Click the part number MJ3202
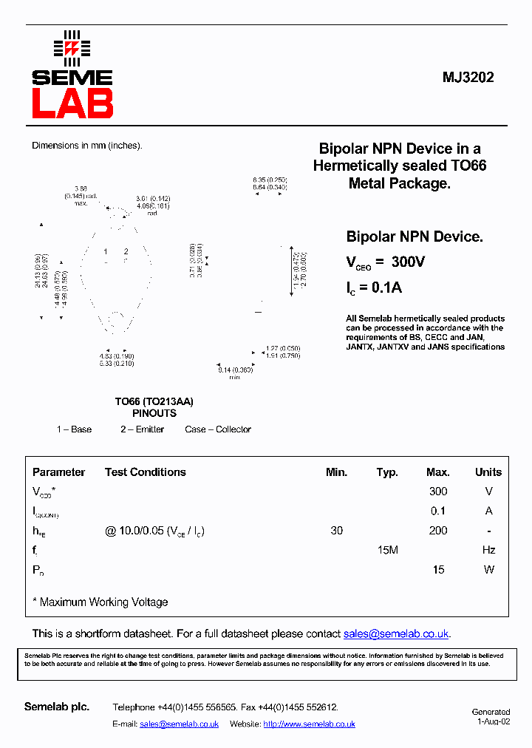click(x=468, y=77)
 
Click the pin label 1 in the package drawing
click(x=106, y=252)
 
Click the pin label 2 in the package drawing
click(x=126, y=252)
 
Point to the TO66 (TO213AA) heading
click(x=154, y=401)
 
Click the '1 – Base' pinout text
click(x=74, y=429)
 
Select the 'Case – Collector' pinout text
click(x=218, y=429)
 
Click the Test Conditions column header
click(x=145, y=472)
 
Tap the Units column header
click(x=488, y=472)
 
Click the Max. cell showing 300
click(x=438, y=492)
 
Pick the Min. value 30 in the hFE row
click(x=336, y=531)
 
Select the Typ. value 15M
click(x=387, y=550)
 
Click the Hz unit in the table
click(x=488, y=550)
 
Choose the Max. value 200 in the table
click(x=438, y=531)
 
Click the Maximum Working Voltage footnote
click(x=100, y=602)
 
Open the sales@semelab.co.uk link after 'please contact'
click(x=396, y=634)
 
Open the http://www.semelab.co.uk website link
click(x=309, y=724)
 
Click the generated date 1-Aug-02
click(x=493, y=721)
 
